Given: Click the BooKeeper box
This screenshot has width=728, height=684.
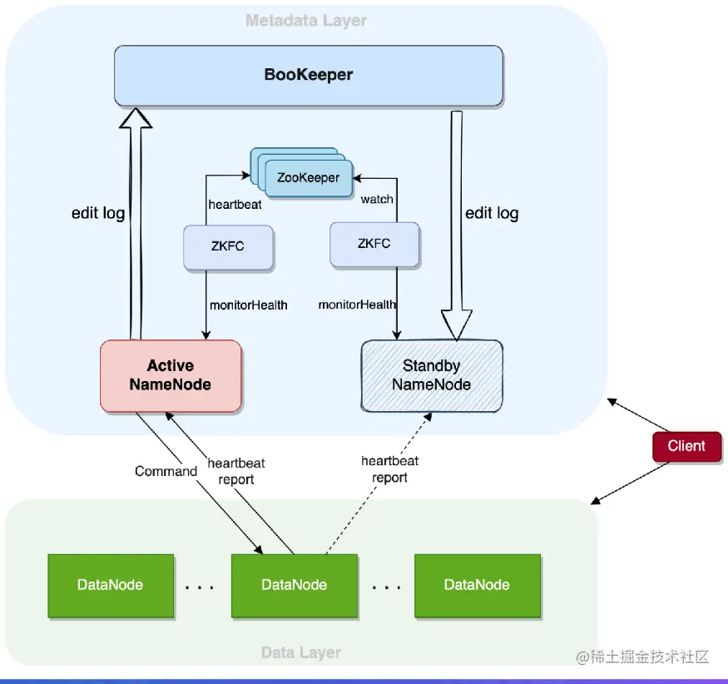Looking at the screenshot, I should pos(308,75).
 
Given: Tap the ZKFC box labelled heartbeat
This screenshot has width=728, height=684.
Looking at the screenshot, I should pos(229,246).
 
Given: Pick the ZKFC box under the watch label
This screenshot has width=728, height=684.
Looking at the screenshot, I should pos(374,244).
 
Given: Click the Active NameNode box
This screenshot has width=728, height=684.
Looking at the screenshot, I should pos(171,375).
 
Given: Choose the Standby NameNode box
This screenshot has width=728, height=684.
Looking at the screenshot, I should pos(431,375).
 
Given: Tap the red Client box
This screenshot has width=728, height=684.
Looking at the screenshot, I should pos(686,446).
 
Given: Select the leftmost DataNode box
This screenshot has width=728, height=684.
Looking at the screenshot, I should pos(111,585).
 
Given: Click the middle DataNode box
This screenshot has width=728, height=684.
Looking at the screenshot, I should pos(294,585).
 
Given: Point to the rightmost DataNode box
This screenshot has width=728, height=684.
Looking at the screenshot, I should pos(477,585).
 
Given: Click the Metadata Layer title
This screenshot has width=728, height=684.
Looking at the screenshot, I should pos(305,20).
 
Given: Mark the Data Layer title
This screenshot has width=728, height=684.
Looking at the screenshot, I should pos(300,652).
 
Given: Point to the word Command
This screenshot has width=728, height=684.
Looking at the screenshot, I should pos(166,471).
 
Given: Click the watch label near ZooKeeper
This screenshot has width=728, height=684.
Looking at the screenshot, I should pos(377,200).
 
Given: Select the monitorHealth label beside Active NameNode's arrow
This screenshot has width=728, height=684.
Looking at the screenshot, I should pos(248,305).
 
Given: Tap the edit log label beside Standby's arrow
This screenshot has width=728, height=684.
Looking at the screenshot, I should pos(492,213).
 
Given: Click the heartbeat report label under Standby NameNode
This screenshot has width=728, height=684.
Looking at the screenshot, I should pos(389,469).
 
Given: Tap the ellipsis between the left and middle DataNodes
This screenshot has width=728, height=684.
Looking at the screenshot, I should pos(200,587).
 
